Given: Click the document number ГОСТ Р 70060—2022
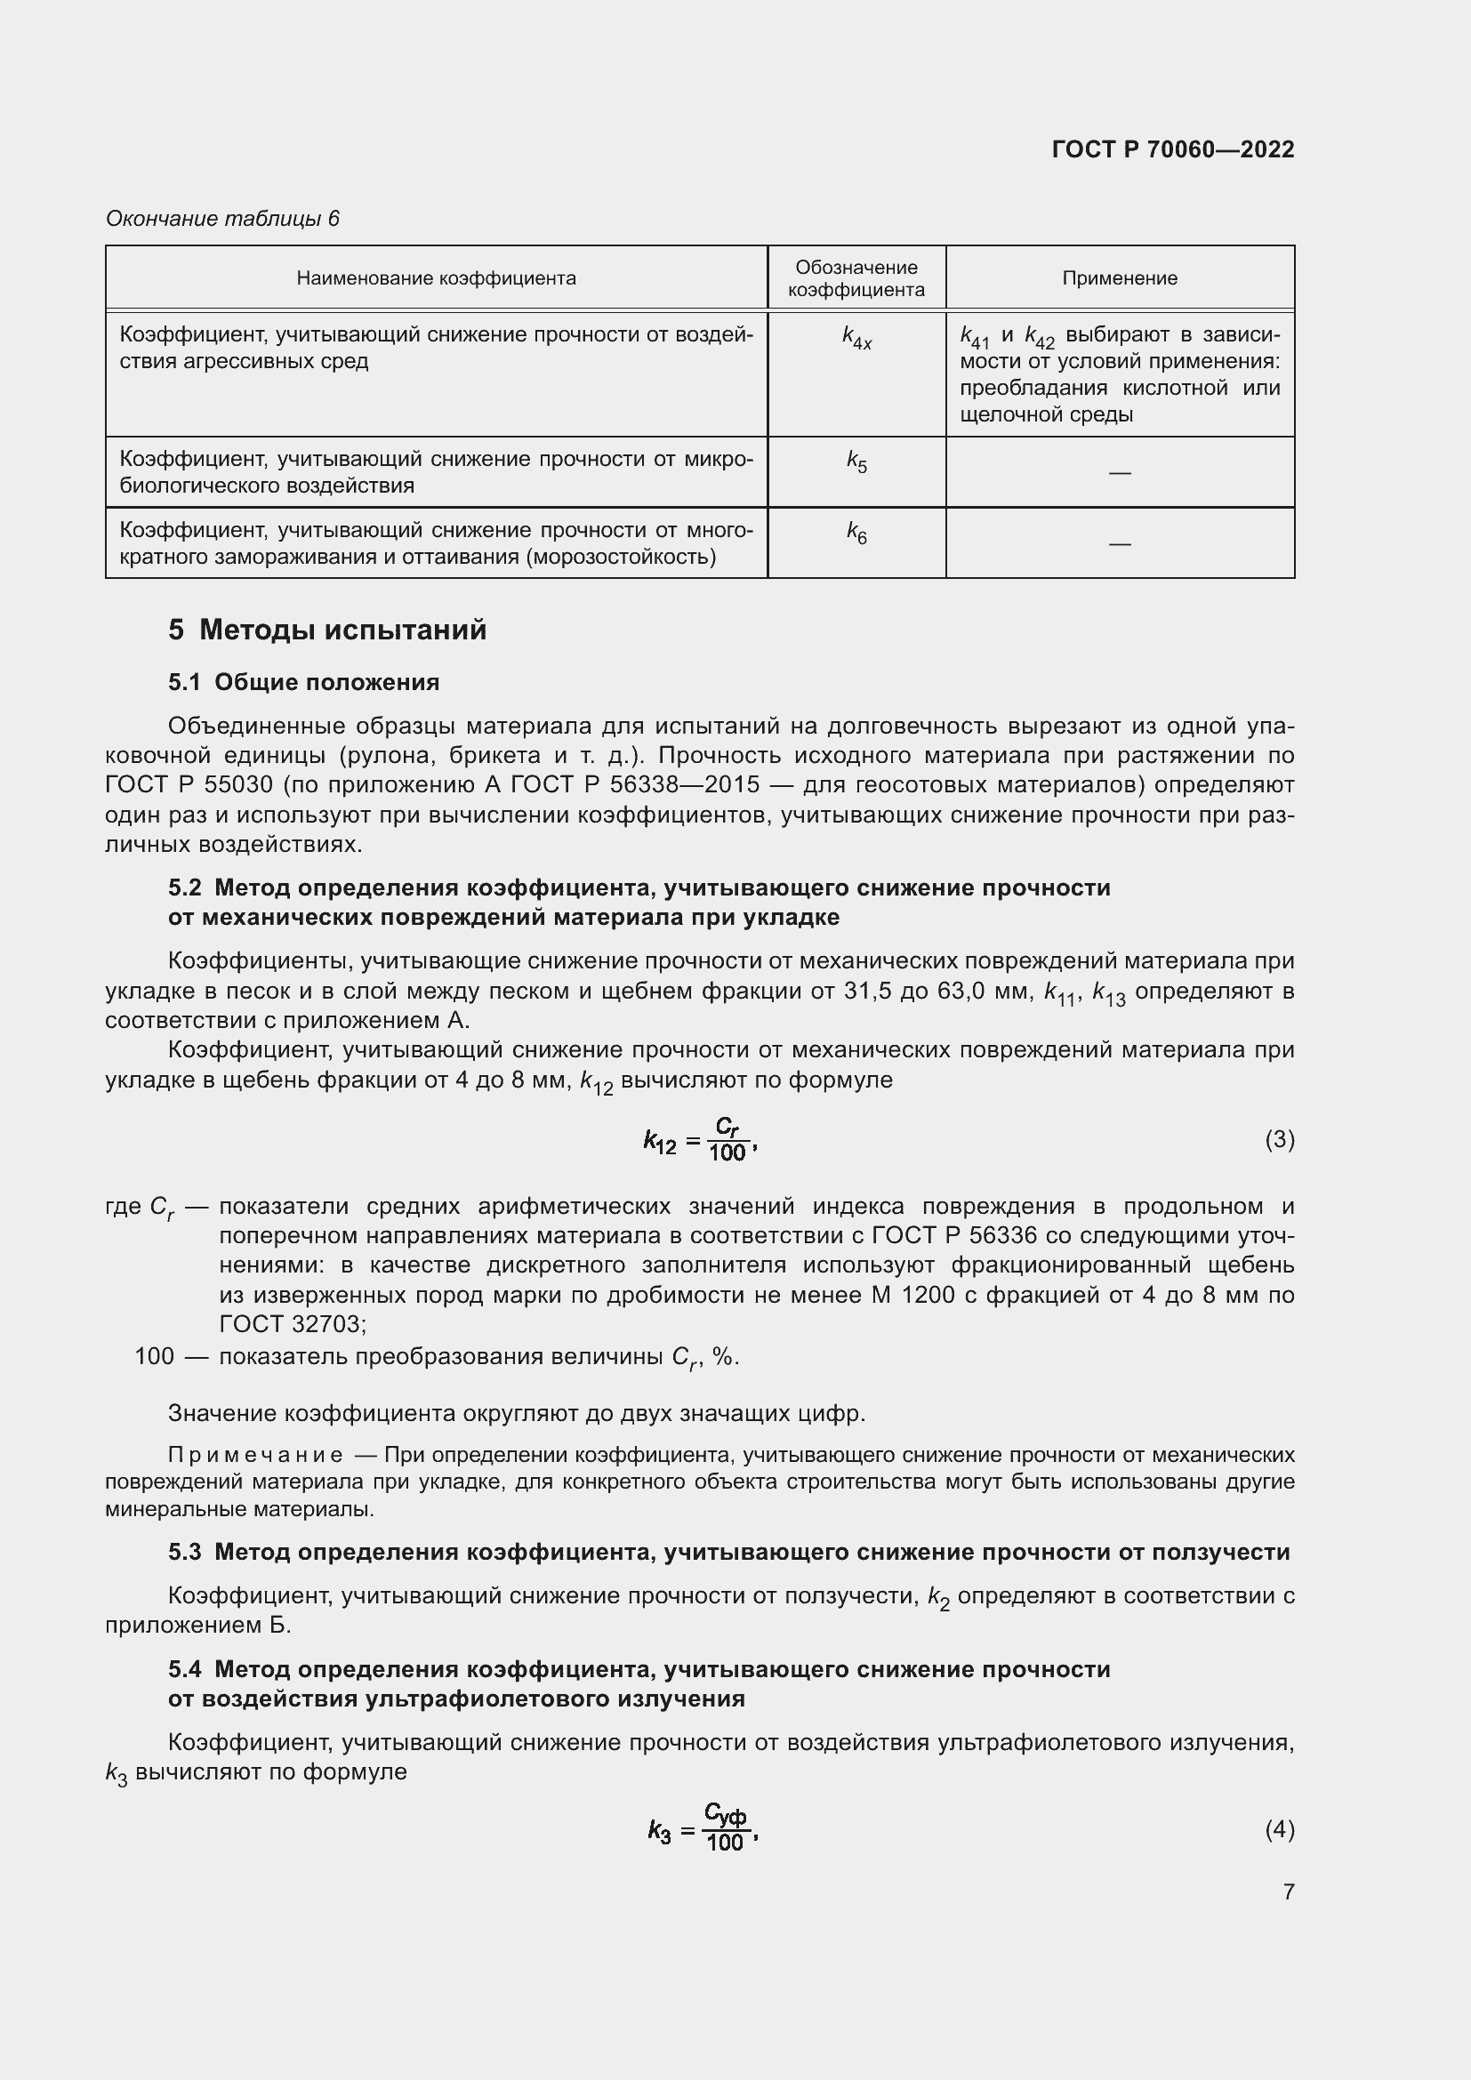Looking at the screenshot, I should point(1172,149).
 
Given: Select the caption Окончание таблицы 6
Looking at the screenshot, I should point(222,219).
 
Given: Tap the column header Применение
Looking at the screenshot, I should point(1119,278).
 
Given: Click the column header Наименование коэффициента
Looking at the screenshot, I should point(436,278).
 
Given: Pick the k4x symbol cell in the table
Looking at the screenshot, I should point(856,338).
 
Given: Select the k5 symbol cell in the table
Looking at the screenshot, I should point(856,462).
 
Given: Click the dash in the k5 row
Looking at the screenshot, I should point(1119,473).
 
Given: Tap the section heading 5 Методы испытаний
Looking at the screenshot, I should point(327,630).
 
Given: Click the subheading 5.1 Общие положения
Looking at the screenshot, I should point(303,682).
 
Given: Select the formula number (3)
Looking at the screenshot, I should point(1279,1139).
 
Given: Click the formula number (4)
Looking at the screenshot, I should point(1279,1829).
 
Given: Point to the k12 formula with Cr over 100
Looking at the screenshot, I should point(699,1140).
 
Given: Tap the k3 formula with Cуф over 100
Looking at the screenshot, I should point(702,1830).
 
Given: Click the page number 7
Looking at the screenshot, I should point(1288,1891).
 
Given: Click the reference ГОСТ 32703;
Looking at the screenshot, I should point(292,1324).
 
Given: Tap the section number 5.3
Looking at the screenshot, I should point(184,1552).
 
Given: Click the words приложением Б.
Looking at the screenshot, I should point(197,1626).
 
